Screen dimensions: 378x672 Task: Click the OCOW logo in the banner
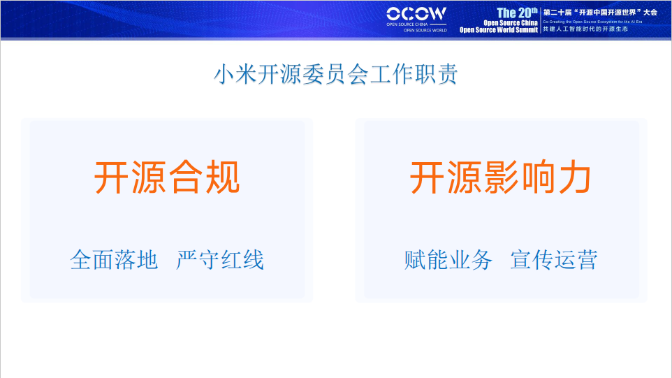click(x=416, y=13)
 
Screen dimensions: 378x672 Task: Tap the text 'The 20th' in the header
click(x=517, y=13)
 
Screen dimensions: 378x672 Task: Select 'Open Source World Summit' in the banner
click(x=498, y=30)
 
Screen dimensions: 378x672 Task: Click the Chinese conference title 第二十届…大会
click(x=599, y=12)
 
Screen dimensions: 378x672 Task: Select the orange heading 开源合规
click(x=167, y=178)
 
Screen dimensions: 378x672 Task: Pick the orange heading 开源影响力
click(x=500, y=178)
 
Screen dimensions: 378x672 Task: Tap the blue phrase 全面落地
click(x=114, y=260)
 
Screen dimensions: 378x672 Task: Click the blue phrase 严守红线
click(x=220, y=260)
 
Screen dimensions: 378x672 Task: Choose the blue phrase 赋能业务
click(x=448, y=260)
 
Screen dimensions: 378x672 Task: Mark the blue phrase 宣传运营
click(x=554, y=260)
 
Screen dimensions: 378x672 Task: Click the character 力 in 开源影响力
click(x=574, y=178)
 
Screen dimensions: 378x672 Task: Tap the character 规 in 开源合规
click(x=222, y=178)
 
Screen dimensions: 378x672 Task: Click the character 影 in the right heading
click(x=500, y=178)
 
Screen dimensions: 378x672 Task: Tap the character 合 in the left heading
click(x=186, y=178)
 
